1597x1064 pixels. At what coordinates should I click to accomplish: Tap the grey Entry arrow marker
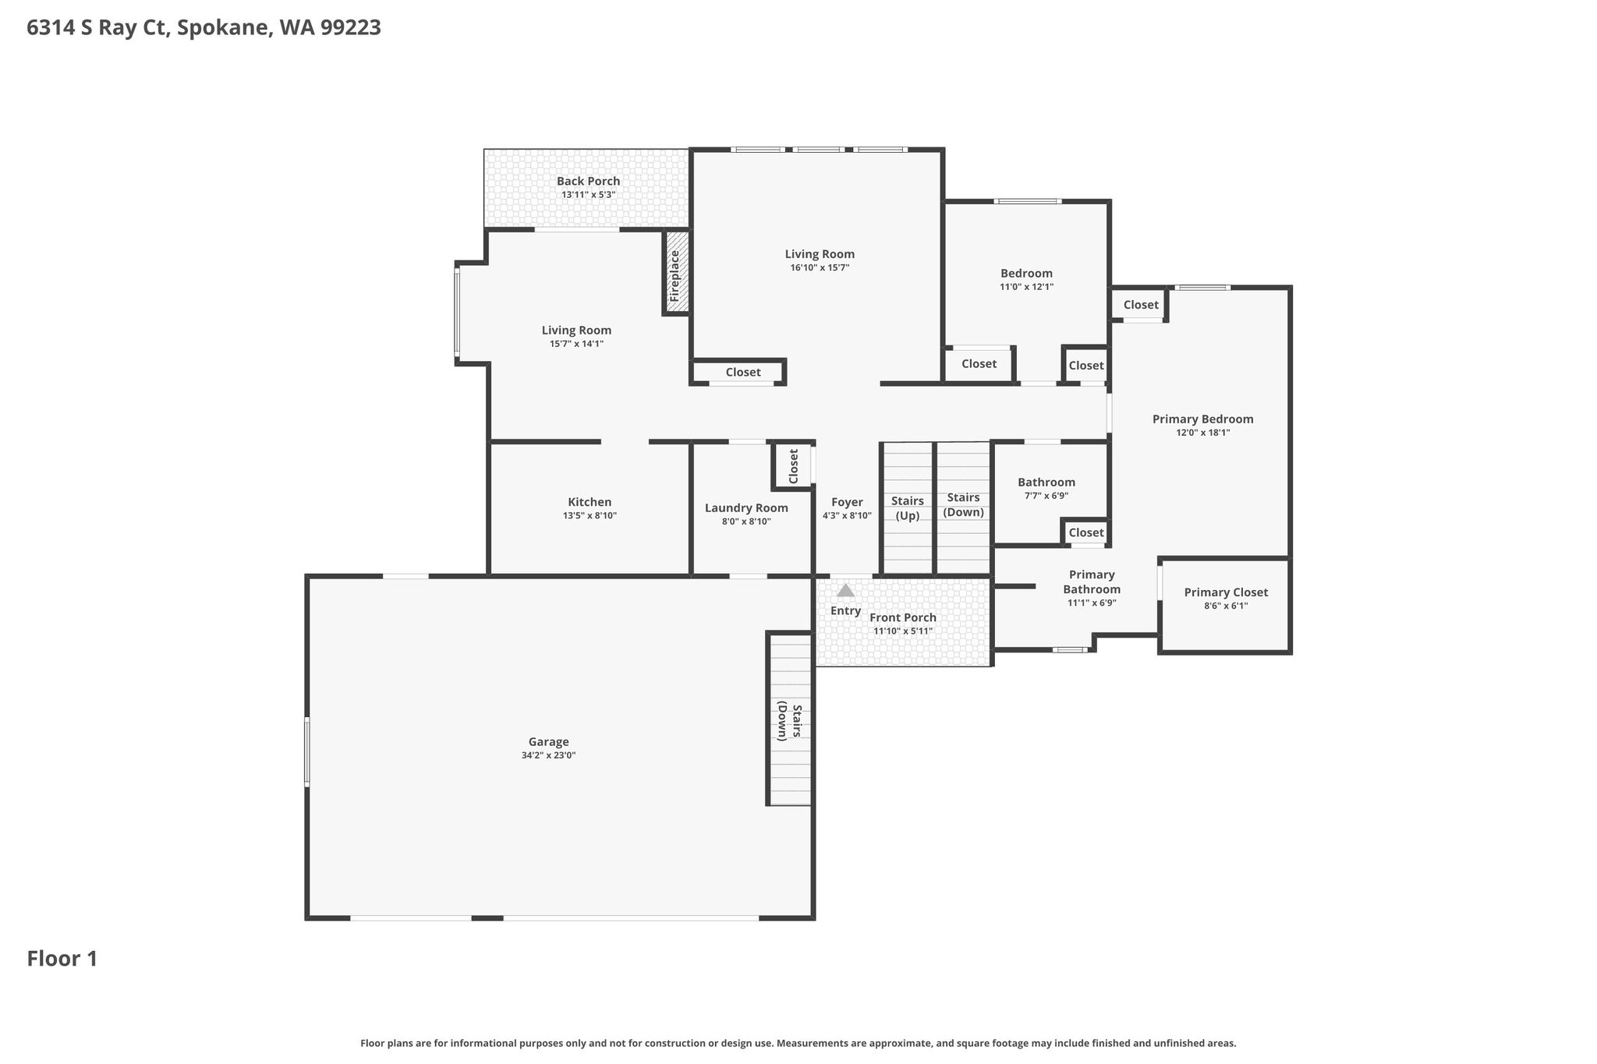coord(845,590)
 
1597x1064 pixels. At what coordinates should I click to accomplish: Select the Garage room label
coord(548,742)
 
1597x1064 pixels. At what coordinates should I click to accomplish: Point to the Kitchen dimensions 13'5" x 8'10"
coord(590,516)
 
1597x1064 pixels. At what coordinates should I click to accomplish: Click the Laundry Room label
coord(746,508)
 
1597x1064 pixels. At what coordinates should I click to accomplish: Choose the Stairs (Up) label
coord(908,508)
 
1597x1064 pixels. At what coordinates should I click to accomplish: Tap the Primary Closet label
coord(1226,592)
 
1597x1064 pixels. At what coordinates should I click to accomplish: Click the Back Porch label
coord(589,181)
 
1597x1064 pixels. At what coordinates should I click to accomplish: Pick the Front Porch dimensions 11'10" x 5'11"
coord(903,631)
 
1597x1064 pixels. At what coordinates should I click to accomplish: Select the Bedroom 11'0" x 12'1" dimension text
coord(1027,287)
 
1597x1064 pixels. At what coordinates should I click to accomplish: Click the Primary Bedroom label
coord(1203,419)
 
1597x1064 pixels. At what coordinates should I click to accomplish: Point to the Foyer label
coord(847,503)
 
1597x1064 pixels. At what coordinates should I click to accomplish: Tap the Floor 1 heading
coord(62,959)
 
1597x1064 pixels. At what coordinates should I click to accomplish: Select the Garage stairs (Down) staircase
coord(790,719)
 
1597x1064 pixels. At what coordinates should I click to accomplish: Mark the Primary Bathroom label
coord(1092,582)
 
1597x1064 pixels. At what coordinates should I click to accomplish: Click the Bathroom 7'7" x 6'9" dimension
coord(1046,496)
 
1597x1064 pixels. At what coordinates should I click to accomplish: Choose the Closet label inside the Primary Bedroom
coord(1141,305)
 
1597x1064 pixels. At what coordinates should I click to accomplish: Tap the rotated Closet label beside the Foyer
coord(794,466)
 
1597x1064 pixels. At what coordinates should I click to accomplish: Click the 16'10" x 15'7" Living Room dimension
coord(820,268)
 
